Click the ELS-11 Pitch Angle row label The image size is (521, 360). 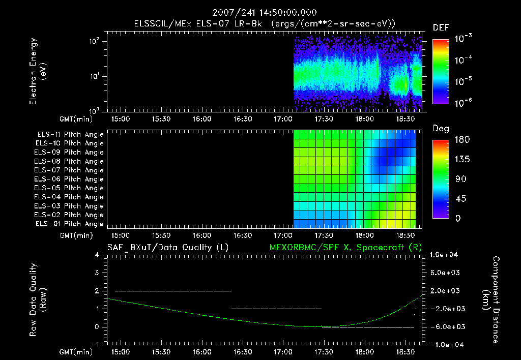70,134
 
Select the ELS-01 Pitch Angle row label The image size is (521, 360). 70,224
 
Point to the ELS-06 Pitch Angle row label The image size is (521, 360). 70,179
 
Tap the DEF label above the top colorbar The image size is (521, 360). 441,27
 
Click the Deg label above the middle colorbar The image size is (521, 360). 441,129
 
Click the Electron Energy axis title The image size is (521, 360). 38,74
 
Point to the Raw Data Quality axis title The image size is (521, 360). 38,299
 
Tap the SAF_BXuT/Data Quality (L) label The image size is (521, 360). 167,248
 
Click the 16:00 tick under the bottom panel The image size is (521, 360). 202,351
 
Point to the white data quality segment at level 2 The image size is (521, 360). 173,291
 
